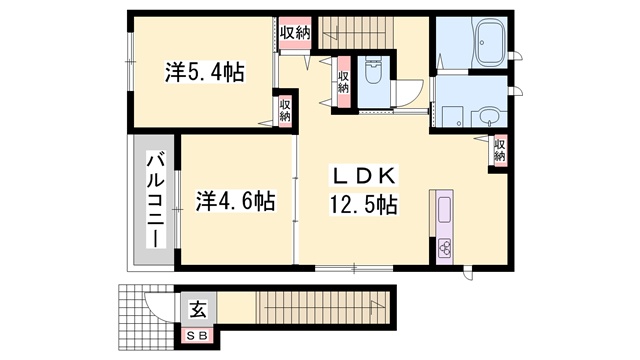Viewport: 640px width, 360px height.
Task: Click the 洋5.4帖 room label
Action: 204,72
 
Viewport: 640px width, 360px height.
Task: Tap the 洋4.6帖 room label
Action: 235,200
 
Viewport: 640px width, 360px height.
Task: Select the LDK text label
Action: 363,176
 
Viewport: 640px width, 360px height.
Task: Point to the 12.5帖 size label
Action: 363,204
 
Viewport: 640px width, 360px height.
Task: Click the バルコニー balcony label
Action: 156,200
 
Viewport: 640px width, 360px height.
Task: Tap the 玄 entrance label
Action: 198,309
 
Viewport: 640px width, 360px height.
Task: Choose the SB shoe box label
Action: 198,336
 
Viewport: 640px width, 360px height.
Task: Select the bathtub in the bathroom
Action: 490,42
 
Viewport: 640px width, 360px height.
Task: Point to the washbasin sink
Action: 488,118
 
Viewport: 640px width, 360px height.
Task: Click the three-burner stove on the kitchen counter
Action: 445,247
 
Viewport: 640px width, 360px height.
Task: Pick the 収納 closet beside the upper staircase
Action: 295,33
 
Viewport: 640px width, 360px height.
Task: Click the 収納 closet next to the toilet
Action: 344,82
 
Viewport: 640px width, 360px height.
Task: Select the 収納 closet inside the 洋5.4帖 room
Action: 285,110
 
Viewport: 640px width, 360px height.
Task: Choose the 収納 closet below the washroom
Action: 500,150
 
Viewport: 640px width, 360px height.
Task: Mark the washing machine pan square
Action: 453,117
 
